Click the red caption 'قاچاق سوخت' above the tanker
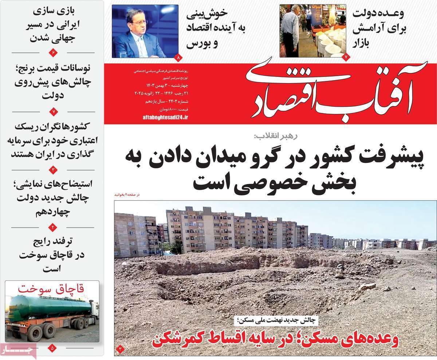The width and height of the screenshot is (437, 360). (52, 289)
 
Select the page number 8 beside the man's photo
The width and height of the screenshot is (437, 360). (178, 57)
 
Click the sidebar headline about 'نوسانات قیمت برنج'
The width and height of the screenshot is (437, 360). (53, 82)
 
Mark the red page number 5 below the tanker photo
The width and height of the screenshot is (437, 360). (52, 348)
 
